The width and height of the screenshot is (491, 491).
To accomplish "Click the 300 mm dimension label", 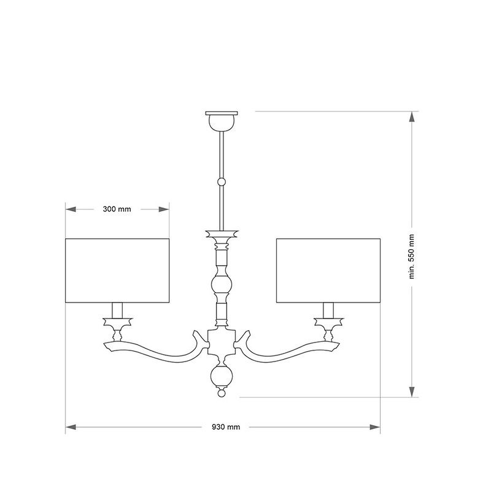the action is (117, 209).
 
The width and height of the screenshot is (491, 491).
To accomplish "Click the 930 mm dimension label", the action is (226, 427).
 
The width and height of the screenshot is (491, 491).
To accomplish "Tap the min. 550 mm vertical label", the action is (411, 257).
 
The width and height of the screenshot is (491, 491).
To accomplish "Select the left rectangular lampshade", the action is (117, 271).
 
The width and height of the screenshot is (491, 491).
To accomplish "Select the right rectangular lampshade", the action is (328, 271).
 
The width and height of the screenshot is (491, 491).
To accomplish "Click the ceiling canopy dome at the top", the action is (222, 122).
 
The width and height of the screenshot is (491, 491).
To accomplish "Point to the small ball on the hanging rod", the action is (222, 182).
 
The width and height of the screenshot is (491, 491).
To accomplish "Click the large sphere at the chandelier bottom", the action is (222, 376).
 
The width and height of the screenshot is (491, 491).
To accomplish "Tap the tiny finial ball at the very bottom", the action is (222, 393).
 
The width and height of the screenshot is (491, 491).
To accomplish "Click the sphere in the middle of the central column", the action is (222, 284).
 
